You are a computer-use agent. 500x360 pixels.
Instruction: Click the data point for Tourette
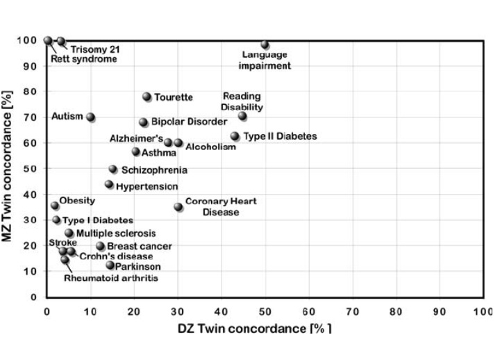(147, 97)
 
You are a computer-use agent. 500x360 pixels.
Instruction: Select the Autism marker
(90, 117)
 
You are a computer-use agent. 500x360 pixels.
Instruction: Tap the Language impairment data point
(265, 44)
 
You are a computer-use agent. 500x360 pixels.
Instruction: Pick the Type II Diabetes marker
(235, 136)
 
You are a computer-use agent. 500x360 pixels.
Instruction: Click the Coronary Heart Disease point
(178, 206)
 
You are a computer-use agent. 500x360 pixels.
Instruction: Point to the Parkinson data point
(110, 265)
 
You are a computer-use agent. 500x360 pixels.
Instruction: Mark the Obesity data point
(55, 206)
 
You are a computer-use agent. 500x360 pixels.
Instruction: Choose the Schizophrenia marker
(113, 169)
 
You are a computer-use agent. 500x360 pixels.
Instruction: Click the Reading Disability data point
(242, 116)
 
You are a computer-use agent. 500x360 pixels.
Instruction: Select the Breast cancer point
(100, 246)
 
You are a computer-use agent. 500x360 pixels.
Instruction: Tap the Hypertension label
(147, 186)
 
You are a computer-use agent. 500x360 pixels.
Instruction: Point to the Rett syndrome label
(83, 59)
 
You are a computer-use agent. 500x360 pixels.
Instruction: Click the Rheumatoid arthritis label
(110, 278)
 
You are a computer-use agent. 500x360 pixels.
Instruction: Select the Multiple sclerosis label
(115, 234)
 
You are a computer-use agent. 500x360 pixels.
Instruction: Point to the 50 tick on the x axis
(265, 311)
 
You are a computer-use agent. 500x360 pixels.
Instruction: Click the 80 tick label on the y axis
(28, 92)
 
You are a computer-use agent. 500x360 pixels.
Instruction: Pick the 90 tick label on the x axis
(440, 311)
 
